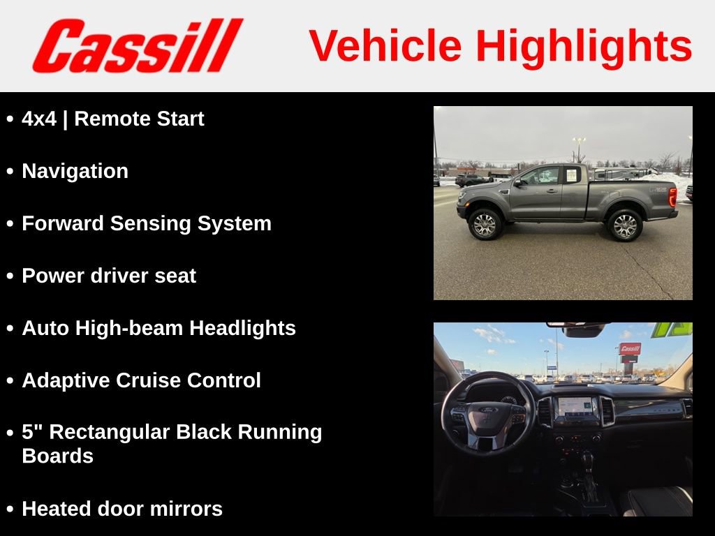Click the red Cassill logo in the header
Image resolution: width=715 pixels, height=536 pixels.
point(137,45)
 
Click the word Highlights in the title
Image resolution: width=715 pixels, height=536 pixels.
point(584,47)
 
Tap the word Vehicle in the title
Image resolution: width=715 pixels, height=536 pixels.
point(385,47)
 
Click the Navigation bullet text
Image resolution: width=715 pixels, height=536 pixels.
point(75,172)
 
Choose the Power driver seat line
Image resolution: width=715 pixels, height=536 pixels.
point(109,276)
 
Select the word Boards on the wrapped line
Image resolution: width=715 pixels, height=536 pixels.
point(57,456)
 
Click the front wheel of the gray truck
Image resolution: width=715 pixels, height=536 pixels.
point(485,225)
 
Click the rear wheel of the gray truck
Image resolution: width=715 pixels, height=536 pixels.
point(624,225)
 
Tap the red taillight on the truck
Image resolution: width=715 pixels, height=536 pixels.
point(672,197)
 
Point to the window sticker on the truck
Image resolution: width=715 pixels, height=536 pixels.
point(571,174)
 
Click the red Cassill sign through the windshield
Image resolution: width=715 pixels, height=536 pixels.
point(630,348)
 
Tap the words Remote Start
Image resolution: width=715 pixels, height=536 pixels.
point(139,119)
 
